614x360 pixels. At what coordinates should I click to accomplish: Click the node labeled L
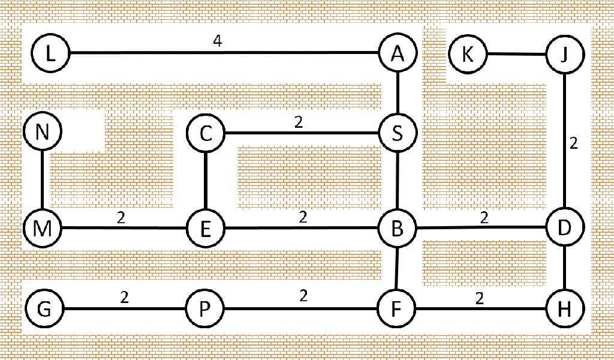(50, 53)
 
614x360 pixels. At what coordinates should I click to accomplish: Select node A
(398, 52)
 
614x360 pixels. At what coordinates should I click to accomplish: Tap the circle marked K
(468, 53)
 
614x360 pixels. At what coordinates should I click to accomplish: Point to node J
(565, 54)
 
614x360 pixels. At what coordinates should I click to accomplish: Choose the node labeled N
(43, 131)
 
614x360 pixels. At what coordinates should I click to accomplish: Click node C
(206, 133)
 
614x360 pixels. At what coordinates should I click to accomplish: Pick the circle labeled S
(398, 133)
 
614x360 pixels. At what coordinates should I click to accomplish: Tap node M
(43, 228)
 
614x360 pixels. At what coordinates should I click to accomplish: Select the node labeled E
(206, 229)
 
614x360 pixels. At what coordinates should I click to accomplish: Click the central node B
(397, 228)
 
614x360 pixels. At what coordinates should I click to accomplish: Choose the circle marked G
(44, 308)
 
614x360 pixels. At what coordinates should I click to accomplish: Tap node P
(205, 308)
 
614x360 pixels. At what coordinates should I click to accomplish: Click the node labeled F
(396, 308)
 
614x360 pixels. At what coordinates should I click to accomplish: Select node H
(564, 308)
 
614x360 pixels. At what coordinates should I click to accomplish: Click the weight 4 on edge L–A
(218, 41)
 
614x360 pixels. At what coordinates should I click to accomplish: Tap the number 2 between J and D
(574, 143)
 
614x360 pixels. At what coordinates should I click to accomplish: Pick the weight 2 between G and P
(125, 298)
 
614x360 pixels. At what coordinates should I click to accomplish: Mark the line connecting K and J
(516, 54)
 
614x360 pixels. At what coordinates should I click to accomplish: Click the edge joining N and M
(43, 179)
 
